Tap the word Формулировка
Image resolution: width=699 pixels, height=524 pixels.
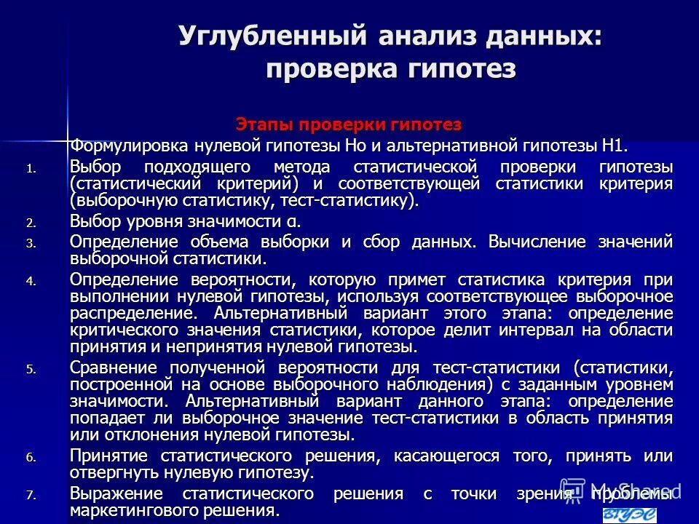click(125, 144)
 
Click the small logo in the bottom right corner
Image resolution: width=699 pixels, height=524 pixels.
click(629, 515)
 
